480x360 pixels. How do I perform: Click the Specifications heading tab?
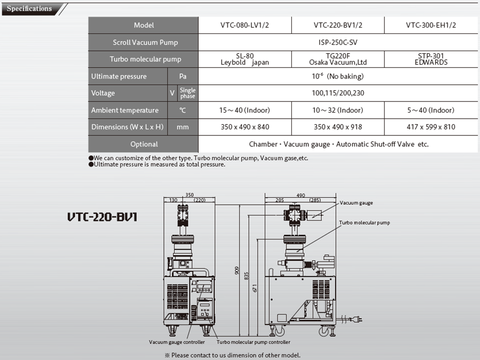[30, 8]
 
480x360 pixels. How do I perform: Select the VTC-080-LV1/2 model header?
[245, 25]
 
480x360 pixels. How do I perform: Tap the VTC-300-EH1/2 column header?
[431, 25]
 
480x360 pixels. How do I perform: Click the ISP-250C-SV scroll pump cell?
[338, 42]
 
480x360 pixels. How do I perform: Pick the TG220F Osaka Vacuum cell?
[338, 59]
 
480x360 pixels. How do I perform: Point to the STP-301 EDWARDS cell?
[431, 59]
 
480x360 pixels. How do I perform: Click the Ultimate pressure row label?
[119, 76]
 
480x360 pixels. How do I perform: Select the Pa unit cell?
[183, 76]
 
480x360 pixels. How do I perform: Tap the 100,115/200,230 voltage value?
[338, 93]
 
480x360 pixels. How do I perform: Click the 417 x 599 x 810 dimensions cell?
[431, 127]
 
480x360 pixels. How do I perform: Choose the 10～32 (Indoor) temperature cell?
[338, 110]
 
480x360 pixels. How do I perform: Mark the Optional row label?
[144, 144]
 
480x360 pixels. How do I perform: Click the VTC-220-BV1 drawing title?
[102, 217]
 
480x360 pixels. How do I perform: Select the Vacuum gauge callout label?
[356, 203]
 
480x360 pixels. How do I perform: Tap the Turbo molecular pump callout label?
[364, 223]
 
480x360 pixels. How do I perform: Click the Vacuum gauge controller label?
[177, 342]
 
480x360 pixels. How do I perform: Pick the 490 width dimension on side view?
[300, 195]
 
